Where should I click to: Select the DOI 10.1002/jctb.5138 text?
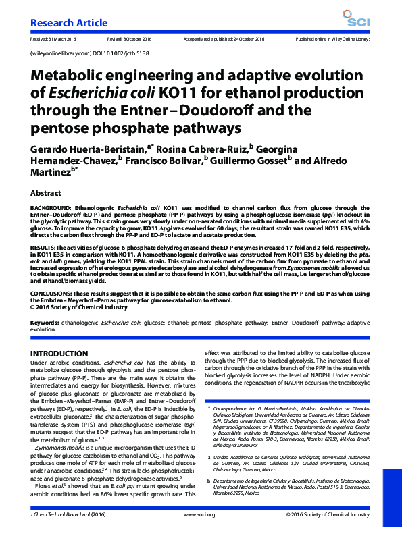[111, 52]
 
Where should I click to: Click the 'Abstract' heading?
[46, 193]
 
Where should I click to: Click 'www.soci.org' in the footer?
[199, 514]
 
